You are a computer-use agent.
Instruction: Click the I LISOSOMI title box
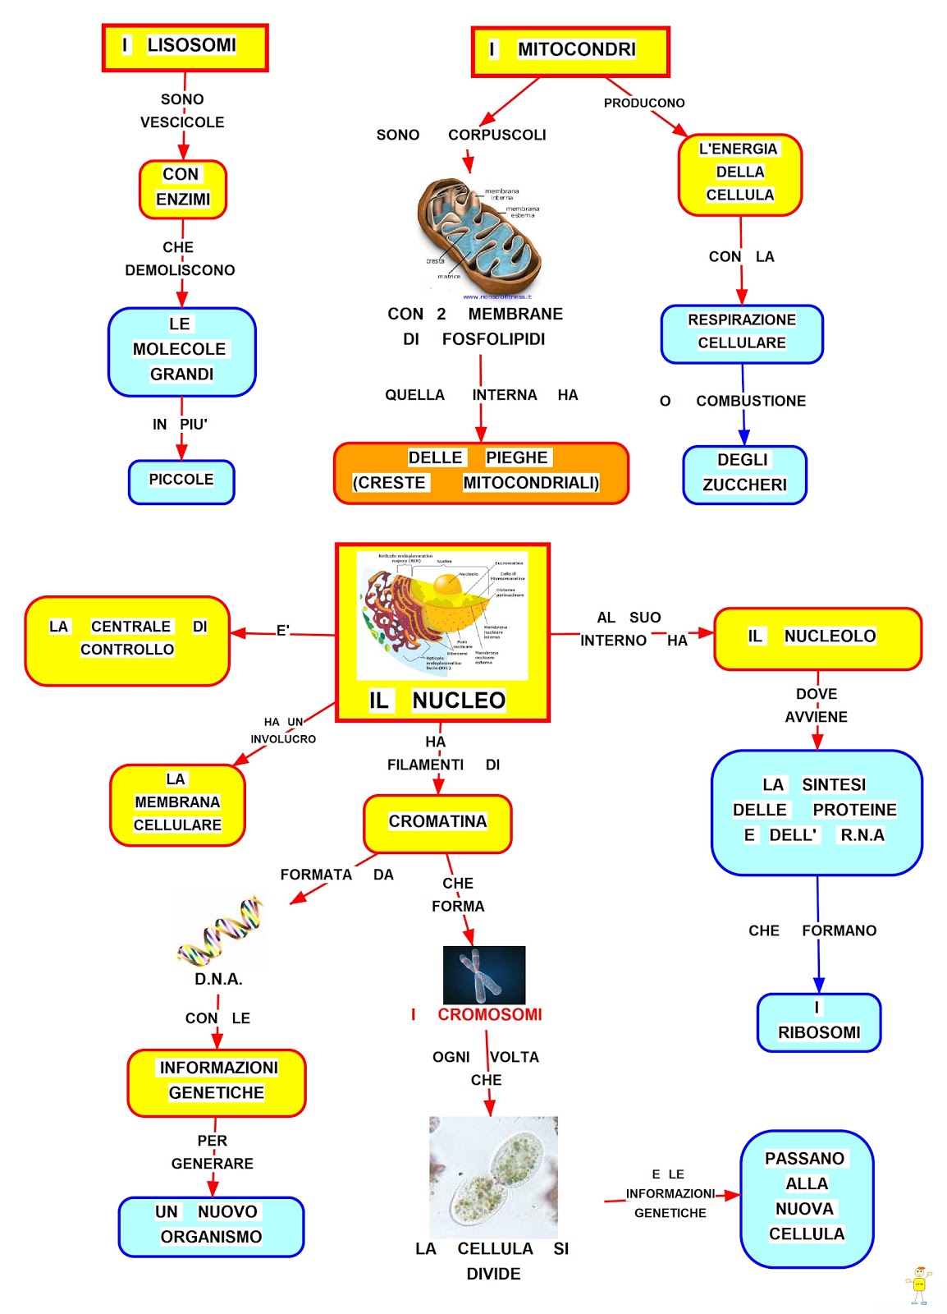185,47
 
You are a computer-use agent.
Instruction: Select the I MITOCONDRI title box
570,51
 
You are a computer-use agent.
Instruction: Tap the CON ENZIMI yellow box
182,189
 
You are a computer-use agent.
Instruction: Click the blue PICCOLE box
181,481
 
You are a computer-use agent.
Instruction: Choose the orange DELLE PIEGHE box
481,472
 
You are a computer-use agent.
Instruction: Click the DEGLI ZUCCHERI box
744,474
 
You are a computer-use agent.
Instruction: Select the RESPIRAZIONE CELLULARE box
742,333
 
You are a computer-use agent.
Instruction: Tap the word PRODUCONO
644,103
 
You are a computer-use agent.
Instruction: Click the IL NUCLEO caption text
438,700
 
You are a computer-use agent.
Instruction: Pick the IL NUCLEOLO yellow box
817,637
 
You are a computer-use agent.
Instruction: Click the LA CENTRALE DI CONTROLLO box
127,640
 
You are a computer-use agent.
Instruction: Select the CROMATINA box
437,823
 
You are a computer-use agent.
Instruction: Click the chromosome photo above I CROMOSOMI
483,974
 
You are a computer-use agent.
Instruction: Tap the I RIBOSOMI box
818,1022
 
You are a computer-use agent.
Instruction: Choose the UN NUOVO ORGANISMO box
211,1225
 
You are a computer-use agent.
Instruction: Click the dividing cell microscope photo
493,1176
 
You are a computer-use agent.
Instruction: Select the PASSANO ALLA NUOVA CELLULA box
806,1197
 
